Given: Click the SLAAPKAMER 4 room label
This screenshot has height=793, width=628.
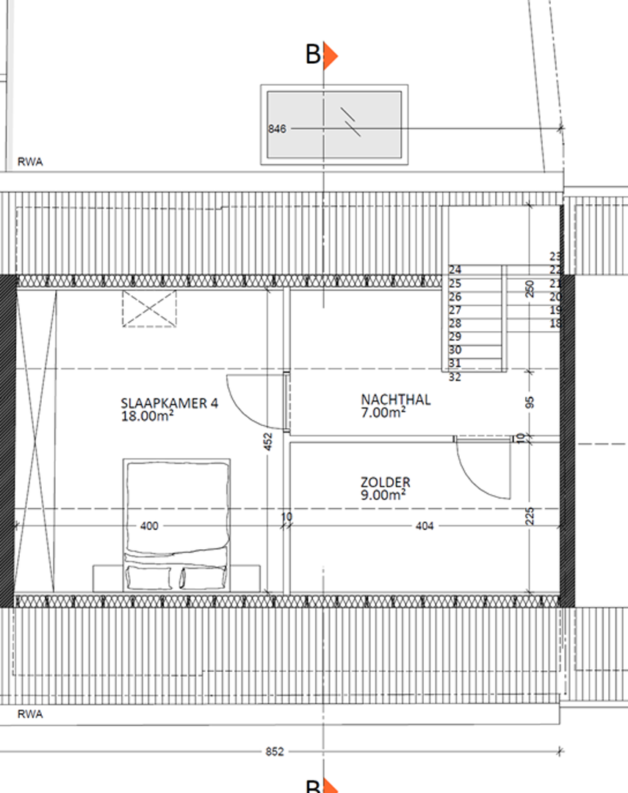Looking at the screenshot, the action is (x=169, y=403).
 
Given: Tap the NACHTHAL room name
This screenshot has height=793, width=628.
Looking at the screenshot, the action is (x=396, y=399).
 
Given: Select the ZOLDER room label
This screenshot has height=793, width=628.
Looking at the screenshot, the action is (x=386, y=482).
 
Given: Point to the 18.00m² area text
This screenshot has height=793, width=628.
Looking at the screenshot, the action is (x=147, y=416).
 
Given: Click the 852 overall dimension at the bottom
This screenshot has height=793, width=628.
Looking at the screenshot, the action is (x=275, y=752).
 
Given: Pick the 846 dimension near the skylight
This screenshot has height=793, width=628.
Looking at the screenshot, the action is (x=278, y=129).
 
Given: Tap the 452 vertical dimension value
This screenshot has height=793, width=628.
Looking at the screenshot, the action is (x=269, y=441).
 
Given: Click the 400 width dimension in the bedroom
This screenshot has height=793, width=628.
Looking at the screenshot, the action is (x=149, y=526).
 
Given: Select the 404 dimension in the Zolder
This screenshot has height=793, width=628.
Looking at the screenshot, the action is (x=425, y=526).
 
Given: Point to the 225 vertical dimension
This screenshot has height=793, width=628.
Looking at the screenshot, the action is (x=530, y=516).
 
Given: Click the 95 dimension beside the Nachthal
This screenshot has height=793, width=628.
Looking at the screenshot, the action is (x=530, y=402).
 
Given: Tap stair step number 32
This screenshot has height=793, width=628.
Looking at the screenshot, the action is (x=455, y=377).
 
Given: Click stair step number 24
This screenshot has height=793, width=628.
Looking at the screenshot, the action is (x=455, y=270).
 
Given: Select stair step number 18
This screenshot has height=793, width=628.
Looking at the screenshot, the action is (x=555, y=323).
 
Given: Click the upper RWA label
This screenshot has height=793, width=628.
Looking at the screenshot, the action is (x=30, y=162).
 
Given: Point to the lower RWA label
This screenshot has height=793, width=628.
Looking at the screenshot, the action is (x=30, y=714).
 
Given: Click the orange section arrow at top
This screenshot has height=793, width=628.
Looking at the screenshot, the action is (x=330, y=55).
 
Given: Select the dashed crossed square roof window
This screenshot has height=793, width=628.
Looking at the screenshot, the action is (x=149, y=308).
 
